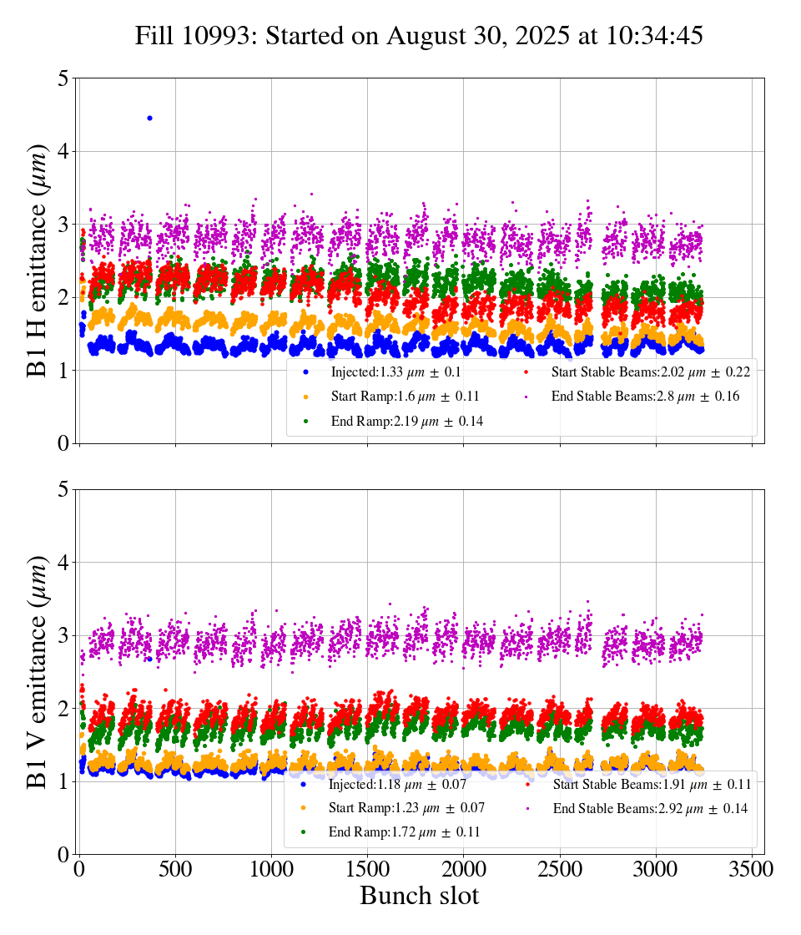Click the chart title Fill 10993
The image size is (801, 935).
(x=419, y=36)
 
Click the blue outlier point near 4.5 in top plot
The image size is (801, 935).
(x=149, y=118)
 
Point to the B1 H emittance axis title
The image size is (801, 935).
(x=38, y=260)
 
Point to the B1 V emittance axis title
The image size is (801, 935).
(x=38, y=671)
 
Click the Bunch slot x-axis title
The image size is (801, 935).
(x=419, y=896)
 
